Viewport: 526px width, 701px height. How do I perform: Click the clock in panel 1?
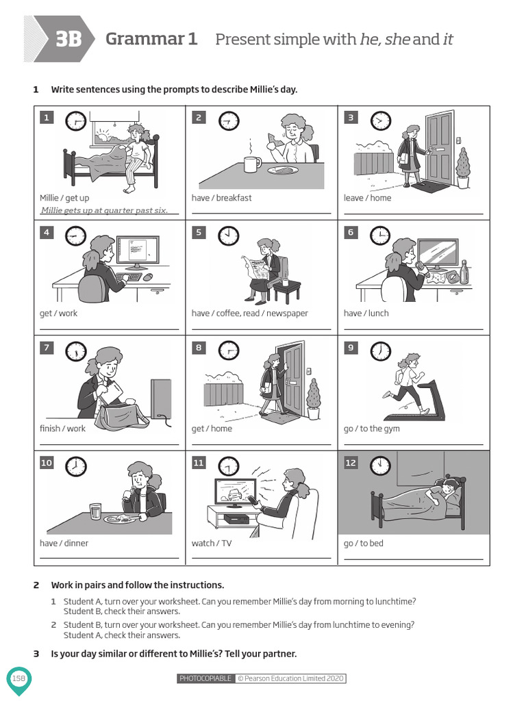[x=76, y=122]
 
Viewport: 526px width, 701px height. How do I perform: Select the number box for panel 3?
[x=351, y=118]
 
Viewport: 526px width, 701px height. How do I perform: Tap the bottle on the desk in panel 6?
[x=465, y=272]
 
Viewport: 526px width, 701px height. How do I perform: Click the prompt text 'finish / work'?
[x=62, y=429]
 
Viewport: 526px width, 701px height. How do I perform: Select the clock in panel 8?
[x=228, y=351]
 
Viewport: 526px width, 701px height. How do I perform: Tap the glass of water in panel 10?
[x=95, y=511]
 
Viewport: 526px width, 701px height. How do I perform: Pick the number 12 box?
[x=351, y=463]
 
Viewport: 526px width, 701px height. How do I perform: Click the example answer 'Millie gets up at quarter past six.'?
[x=104, y=210]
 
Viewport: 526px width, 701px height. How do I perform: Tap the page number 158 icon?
[x=18, y=678]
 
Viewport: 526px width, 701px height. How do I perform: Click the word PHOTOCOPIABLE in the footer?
[x=205, y=678]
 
